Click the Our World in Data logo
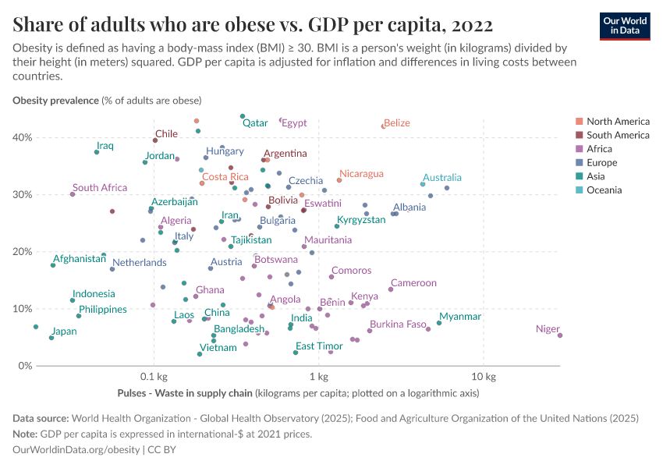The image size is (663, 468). click(624, 26)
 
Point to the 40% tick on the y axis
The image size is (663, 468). click(21, 137)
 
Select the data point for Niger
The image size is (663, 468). click(560, 335)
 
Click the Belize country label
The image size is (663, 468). click(397, 123)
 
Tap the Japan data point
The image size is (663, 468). click(51, 338)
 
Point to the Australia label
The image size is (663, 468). click(441, 178)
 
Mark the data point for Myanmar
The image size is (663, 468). click(439, 323)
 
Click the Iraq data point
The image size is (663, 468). click(97, 152)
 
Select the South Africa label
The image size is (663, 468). click(100, 188)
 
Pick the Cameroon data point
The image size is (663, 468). click(391, 289)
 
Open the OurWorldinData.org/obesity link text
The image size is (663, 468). click(76, 449)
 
